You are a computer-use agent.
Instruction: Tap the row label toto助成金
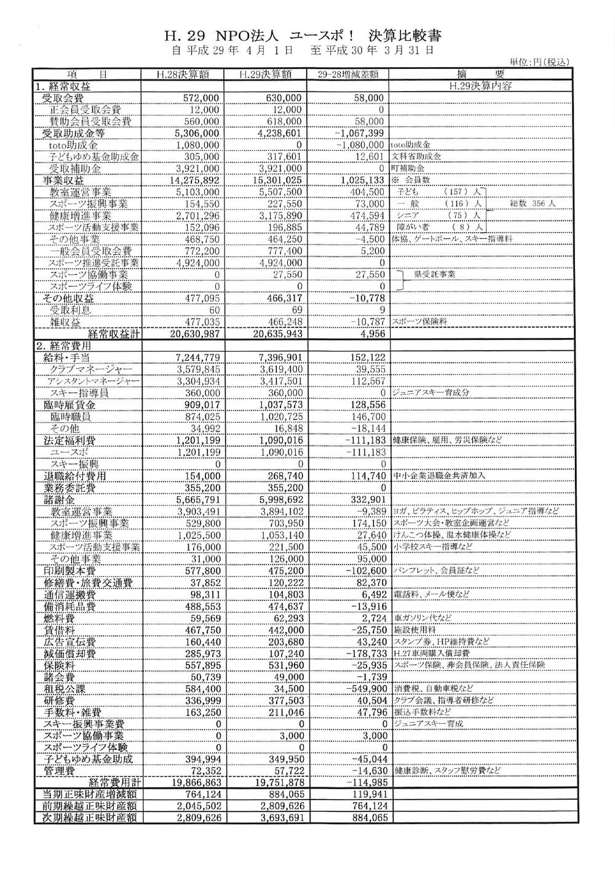73,145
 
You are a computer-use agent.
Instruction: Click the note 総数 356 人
533,204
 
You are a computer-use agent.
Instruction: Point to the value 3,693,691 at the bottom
280,818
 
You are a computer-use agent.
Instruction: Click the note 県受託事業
434,275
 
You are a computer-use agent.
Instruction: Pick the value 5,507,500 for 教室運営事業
280,192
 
